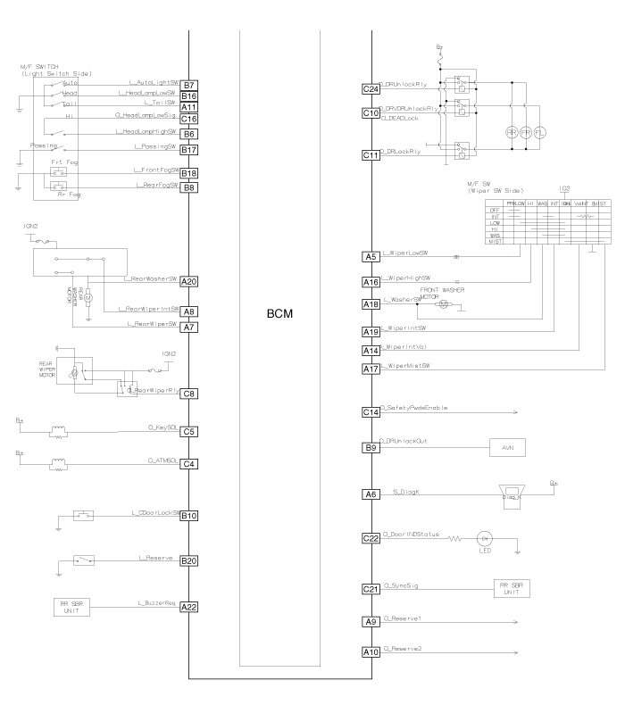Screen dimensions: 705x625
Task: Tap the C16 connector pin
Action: (x=188, y=118)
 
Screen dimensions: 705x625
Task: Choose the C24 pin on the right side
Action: (x=370, y=89)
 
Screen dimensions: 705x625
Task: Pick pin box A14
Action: (x=370, y=349)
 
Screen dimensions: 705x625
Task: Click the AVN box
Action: (x=510, y=449)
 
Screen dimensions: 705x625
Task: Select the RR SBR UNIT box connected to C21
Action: (x=512, y=590)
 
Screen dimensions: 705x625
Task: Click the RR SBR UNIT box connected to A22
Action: (x=78, y=608)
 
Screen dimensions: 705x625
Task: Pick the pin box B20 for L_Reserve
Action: (x=188, y=560)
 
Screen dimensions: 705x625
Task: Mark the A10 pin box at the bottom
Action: (x=370, y=652)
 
